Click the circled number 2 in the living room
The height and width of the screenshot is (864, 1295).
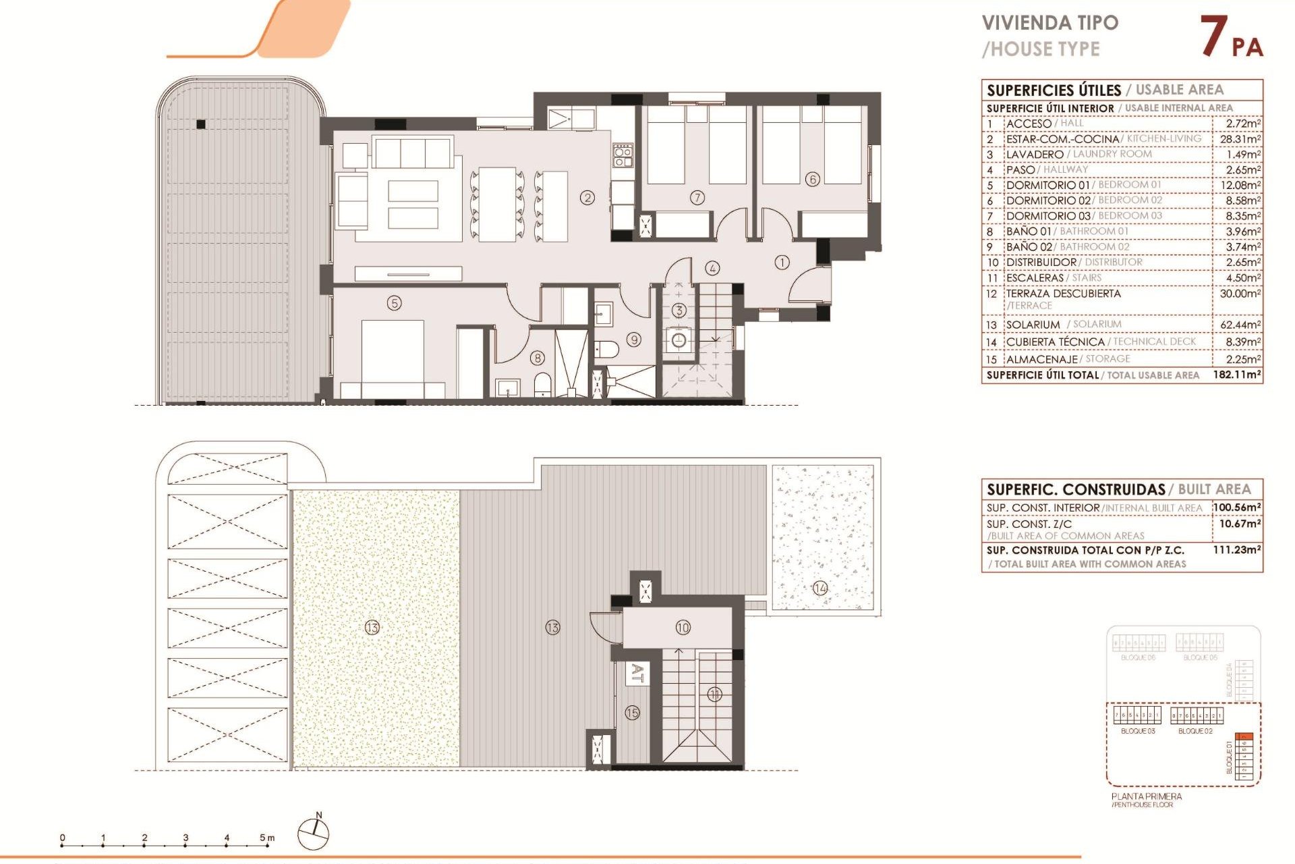587,198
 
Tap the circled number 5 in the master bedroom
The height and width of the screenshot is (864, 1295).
394,303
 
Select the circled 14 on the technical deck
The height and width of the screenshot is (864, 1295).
819,588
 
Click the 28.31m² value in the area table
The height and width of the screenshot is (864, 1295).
1240,139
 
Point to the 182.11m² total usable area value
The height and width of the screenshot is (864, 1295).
1236,375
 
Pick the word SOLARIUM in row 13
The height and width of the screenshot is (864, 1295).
1033,325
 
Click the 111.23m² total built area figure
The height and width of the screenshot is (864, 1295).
1236,550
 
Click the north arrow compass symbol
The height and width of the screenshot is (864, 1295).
314,834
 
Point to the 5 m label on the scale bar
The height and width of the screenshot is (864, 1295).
267,838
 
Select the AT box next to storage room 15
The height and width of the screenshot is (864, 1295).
637,673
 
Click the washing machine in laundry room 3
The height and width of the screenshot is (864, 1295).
679,340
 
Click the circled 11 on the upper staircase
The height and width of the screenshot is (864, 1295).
714,694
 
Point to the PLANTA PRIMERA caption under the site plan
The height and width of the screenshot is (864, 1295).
1146,796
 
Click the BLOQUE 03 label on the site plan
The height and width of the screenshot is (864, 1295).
1137,731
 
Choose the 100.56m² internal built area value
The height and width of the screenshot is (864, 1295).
1237,508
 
